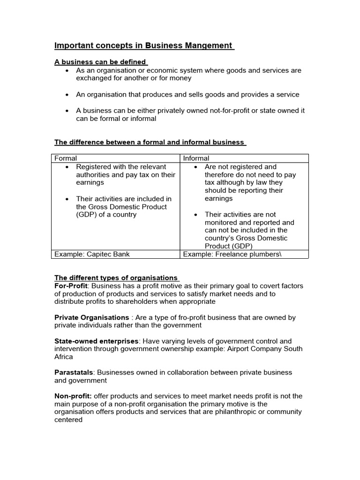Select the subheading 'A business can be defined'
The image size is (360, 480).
point(100,62)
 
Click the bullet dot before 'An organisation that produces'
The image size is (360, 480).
point(68,95)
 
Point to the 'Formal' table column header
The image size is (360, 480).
point(66,158)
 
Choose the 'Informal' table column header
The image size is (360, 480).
point(196,158)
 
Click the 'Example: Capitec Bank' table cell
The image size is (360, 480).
point(92,254)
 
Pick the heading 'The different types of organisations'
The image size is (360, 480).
point(116,278)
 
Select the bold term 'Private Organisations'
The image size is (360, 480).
point(92,317)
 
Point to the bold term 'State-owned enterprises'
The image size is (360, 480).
point(97,341)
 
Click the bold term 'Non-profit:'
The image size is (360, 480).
point(73,396)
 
